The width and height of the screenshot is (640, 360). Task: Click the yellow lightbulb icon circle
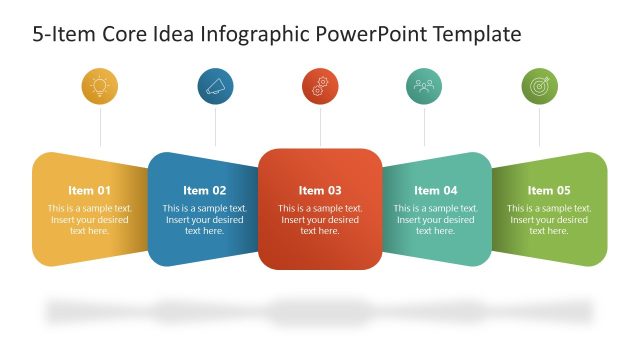click(x=100, y=87)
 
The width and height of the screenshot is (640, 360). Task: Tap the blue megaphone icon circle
click(x=215, y=87)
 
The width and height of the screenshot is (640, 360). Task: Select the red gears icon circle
click(x=320, y=87)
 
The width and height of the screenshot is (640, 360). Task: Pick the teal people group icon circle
click(x=424, y=87)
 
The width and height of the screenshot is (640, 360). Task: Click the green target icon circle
click(x=540, y=87)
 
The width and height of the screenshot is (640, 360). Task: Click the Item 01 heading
click(x=89, y=190)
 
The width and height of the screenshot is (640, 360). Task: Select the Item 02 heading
click(x=204, y=190)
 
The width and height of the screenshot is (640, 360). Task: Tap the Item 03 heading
click(x=320, y=190)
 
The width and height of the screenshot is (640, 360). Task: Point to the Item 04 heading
click(x=435, y=190)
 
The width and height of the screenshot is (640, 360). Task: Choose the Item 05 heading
click(x=549, y=190)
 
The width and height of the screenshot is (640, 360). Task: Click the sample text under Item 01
click(x=89, y=219)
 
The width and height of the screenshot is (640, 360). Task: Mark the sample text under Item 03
click(x=320, y=219)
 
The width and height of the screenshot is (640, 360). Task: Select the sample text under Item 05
click(x=549, y=219)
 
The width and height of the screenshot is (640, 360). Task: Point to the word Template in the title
click(x=474, y=35)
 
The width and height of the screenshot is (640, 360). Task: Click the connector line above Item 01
click(x=100, y=128)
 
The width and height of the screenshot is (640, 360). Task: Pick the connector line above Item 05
click(x=540, y=128)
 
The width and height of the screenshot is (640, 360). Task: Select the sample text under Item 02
click(x=204, y=219)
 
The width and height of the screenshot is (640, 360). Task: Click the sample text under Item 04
click(x=435, y=219)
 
